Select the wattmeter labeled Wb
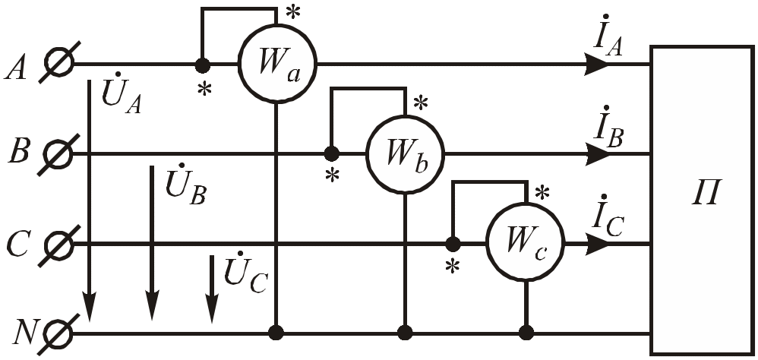point(404,154)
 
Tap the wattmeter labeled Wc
point(525,243)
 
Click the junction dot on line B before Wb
point(331,154)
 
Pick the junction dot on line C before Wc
point(453,244)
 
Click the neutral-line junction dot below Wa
point(277,333)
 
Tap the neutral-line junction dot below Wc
point(525,333)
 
